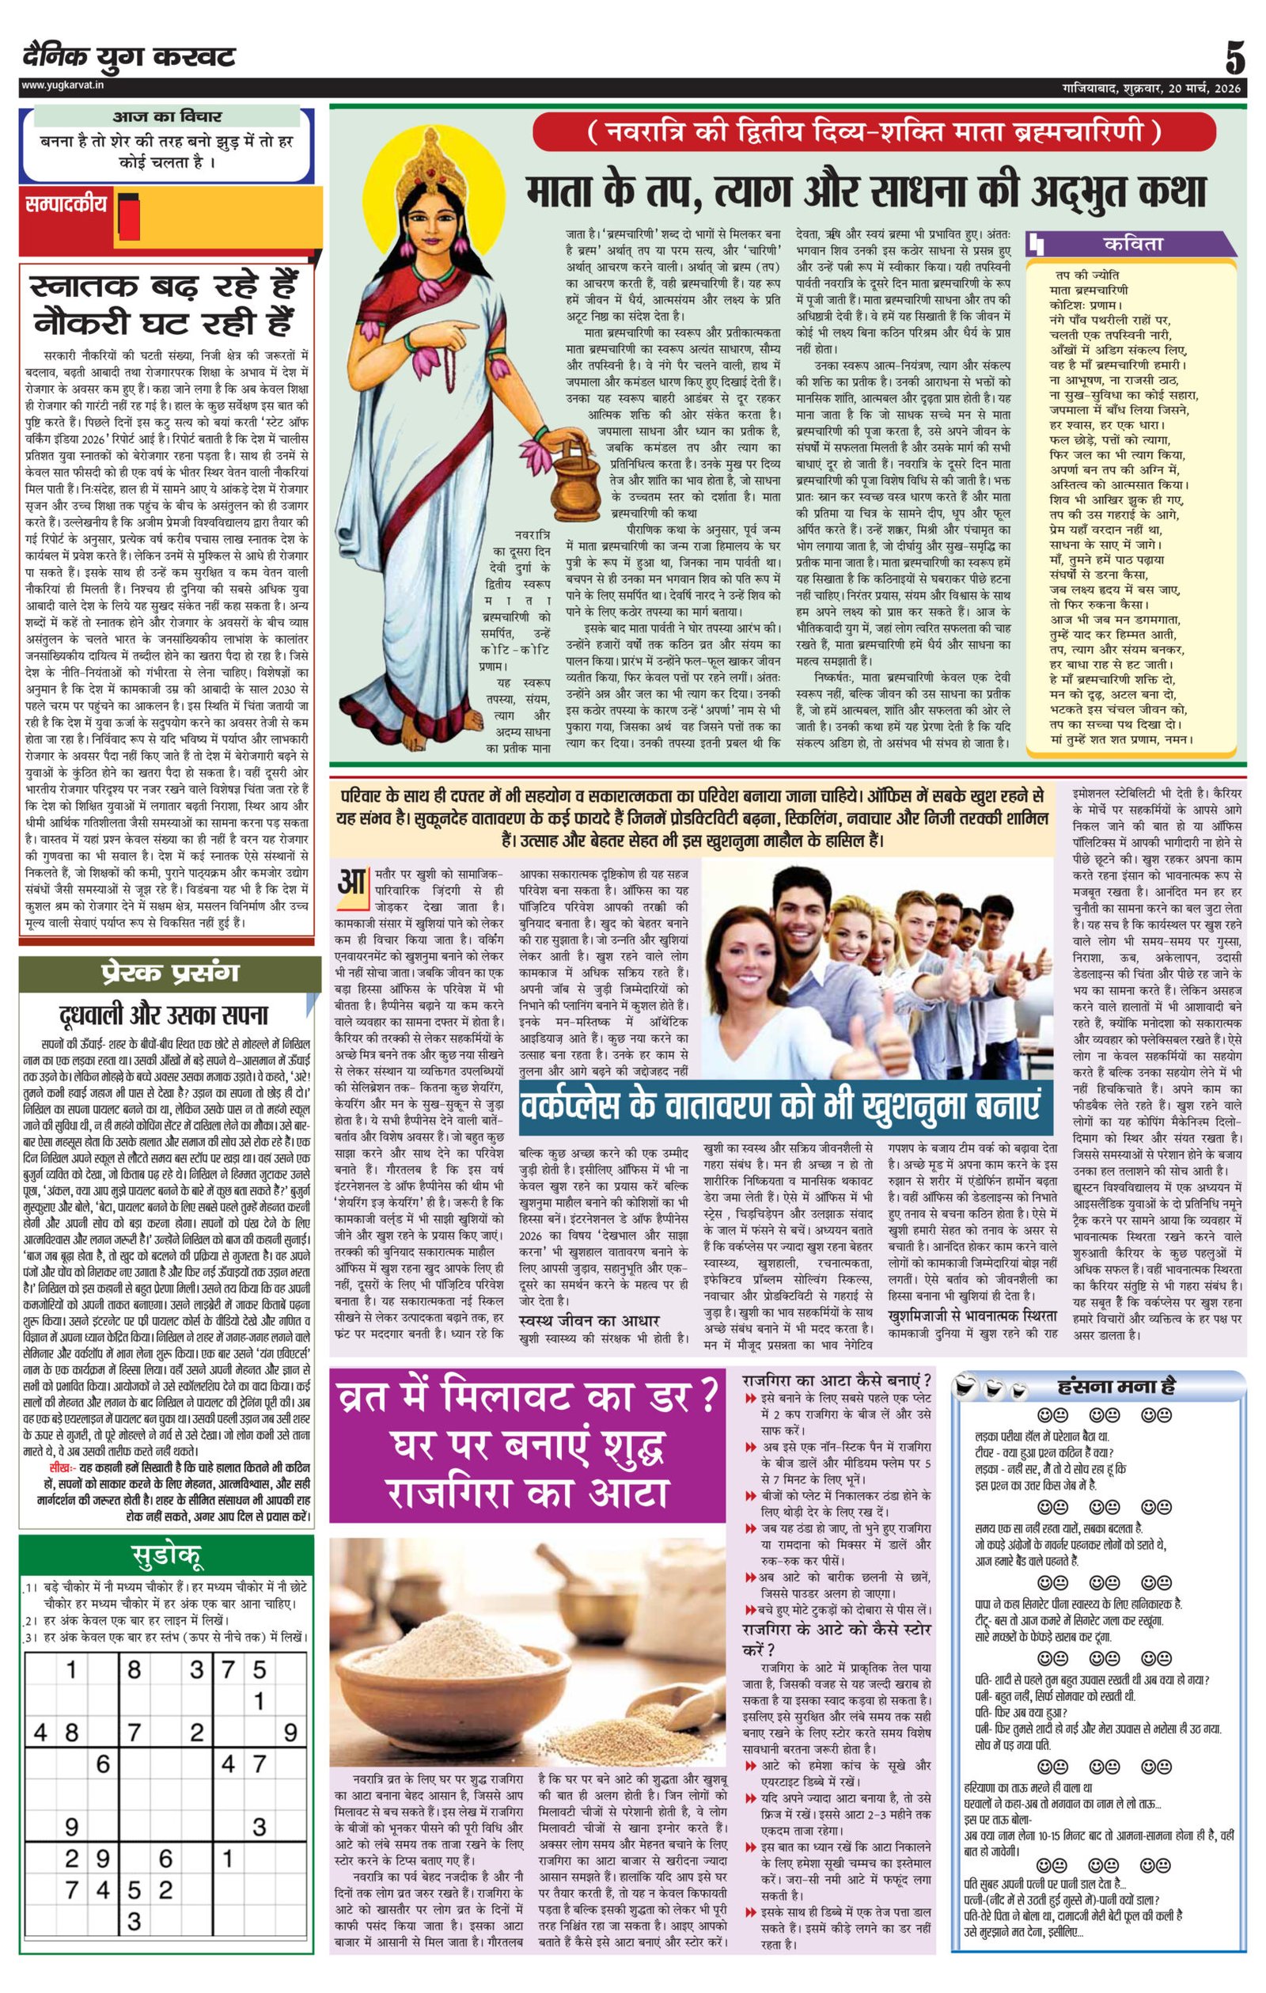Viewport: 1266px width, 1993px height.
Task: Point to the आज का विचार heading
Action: pos(166,116)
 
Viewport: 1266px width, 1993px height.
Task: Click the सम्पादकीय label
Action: pos(66,205)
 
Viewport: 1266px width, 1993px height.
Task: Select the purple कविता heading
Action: pos(1132,244)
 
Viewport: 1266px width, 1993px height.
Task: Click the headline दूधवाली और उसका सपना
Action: pos(164,1014)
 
